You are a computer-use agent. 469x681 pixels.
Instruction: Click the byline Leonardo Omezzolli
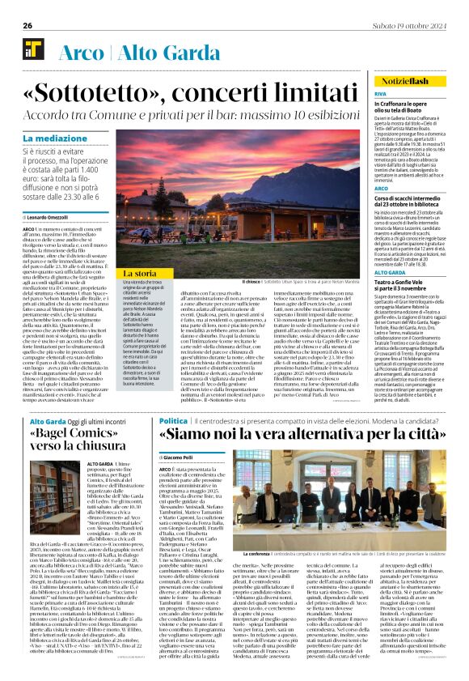[x=50, y=219]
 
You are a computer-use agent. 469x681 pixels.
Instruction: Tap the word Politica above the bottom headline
[x=173, y=421]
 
